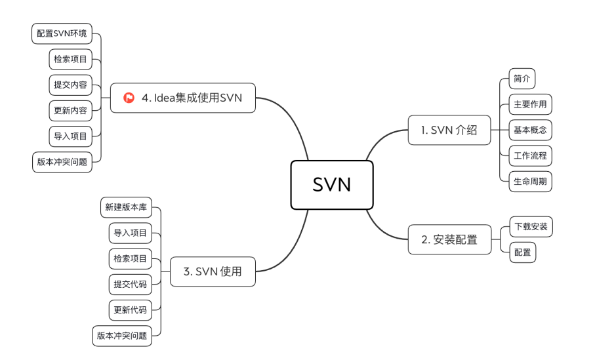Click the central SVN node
click(x=332, y=185)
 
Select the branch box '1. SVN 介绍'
click(x=449, y=130)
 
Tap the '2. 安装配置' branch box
click(x=449, y=239)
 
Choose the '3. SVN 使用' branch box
click(x=213, y=271)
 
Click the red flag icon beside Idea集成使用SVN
click(x=129, y=98)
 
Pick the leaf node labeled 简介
click(x=522, y=79)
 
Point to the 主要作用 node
click(x=530, y=104)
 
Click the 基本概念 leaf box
click(x=530, y=130)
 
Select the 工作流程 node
click(x=530, y=155)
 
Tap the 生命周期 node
click(x=530, y=181)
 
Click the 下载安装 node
click(x=531, y=227)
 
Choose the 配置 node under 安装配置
click(x=522, y=252)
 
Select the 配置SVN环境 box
click(x=62, y=33)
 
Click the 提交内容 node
click(x=70, y=85)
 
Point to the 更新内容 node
click(x=70, y=110)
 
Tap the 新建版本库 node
click(x=126, y=208)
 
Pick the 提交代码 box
click(x=131, y=284)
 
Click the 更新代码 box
click(x=131, y=310)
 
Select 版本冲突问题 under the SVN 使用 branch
click(x=122, y=335)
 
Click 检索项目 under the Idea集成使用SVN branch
click(x=70, y=59)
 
